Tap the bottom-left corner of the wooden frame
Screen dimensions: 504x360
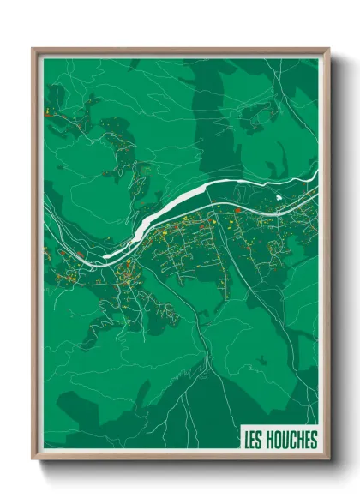coord(33,459)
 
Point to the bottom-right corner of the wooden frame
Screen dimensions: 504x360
coord(328,459)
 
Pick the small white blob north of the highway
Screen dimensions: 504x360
coord(279,199)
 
